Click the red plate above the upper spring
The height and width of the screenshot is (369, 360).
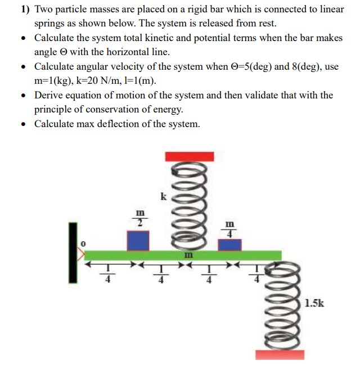(x=189, y=156)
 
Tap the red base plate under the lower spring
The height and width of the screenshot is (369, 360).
(x=280, y=354)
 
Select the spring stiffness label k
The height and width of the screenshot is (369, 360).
(x=163, y=196)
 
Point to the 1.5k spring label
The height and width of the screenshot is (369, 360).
(x=314, y=304)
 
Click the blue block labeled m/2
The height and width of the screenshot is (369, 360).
(x=138, y=240)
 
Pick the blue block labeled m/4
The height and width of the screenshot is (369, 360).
(x=229, y=245)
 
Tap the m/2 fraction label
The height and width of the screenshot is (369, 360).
(x=138, y=217)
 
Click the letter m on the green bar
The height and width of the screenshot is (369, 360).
(x=189, y=255)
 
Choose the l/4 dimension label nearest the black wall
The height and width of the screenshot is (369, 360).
(x=107, y=274)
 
